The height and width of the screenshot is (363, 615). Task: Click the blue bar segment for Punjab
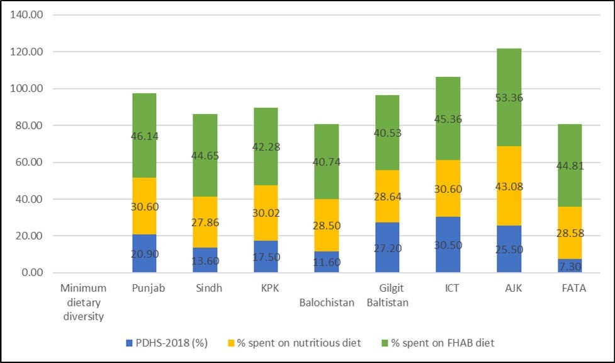[144, 253]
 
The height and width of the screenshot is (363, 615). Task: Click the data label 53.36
[509, 98]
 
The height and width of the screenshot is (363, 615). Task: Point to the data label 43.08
[509, 187]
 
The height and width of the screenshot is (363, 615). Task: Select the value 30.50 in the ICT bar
[448, 246]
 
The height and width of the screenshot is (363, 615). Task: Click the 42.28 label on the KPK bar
[266, 147]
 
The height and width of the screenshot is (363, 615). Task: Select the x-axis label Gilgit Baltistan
[387, 295]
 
